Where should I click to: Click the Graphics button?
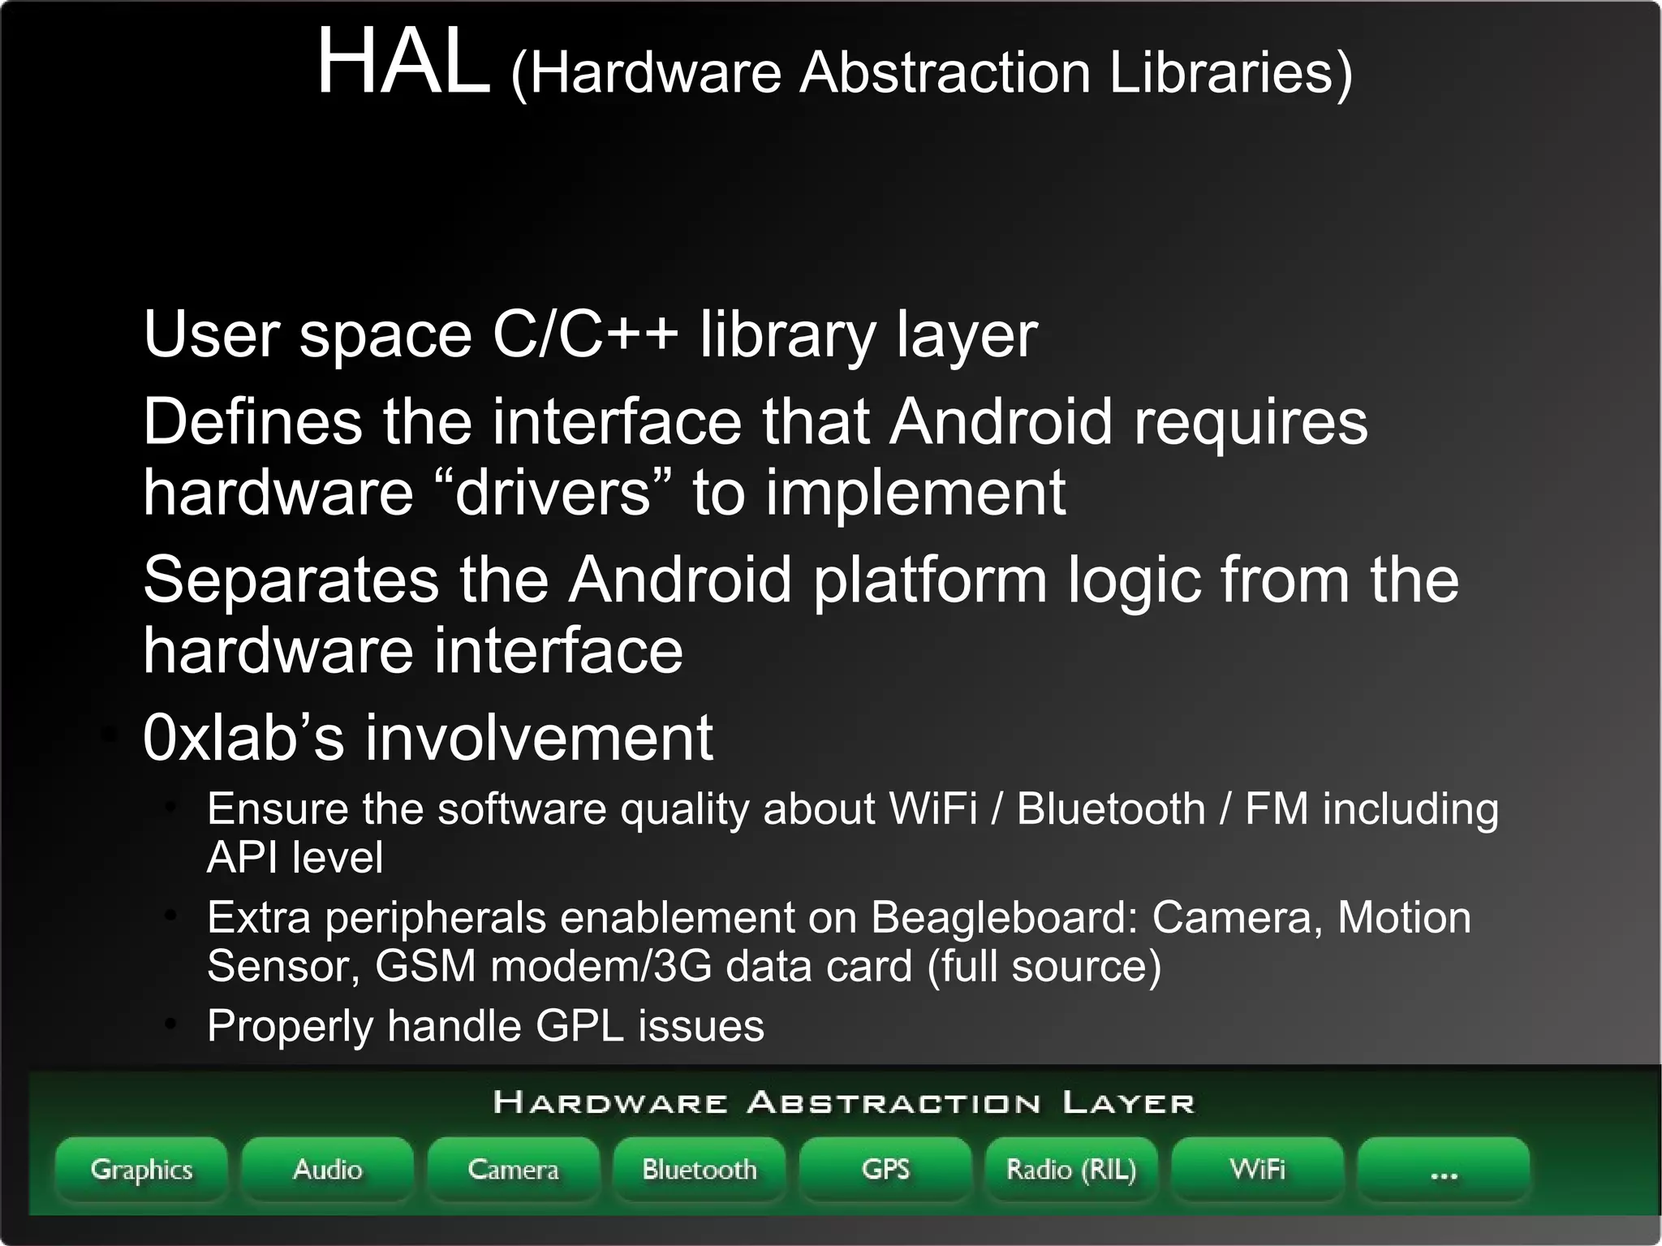[141, 1169]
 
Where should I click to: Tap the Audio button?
[327, 1169]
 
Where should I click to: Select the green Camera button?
[513, 1169]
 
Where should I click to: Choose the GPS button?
[885, 1169]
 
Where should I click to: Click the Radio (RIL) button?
[1071, 1169]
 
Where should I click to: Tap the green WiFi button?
[1257, 1169]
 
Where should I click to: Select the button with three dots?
[1443, 1169]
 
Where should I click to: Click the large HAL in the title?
[403, 62]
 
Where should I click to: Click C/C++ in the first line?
[585, 334]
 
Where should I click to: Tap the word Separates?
[291, 580]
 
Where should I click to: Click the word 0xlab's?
[243, 737]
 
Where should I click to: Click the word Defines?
[252, 421]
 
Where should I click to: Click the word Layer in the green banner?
[1128, 1102]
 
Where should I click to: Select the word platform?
[929, 580]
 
